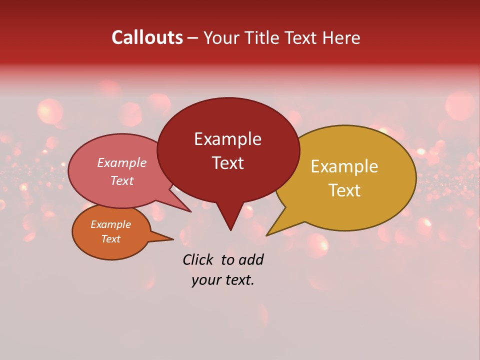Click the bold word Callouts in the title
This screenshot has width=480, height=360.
pos(147,37)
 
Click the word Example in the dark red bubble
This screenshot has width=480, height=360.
pos(227,139)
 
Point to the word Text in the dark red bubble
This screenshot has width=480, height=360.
pos(227,163)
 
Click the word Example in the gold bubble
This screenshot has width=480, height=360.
pos(344,166)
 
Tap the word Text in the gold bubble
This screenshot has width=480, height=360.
pos(344,190)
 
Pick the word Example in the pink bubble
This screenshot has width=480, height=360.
pos(121,162)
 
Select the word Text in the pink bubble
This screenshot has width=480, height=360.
pos(121,180)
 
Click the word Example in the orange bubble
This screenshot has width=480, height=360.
pos(110,224)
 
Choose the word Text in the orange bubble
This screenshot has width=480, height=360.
pos(110,239)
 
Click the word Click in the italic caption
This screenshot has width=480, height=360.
pos(198,259)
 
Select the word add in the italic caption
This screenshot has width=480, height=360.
pos(251,259)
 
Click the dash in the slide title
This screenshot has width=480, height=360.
pos(193,38)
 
